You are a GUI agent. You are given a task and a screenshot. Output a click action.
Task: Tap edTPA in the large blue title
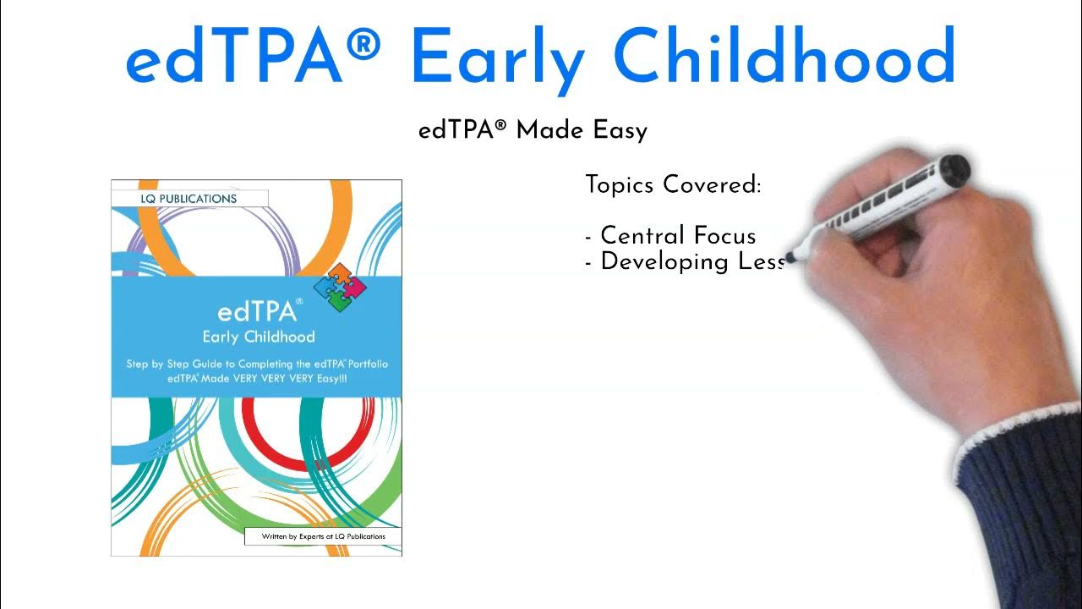pos(234,57)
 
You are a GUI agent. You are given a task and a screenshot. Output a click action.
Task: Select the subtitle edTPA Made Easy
pos(533,131)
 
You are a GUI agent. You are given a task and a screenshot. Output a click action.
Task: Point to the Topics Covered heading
pos(673,184)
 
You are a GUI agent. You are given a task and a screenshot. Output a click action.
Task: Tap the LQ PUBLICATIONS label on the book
pos(189,199)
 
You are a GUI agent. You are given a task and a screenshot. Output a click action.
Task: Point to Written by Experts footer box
pos(323,536)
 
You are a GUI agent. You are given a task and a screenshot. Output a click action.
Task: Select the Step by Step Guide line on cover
pos(256,364)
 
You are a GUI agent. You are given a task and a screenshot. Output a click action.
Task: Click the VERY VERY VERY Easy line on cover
pos(256,379)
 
